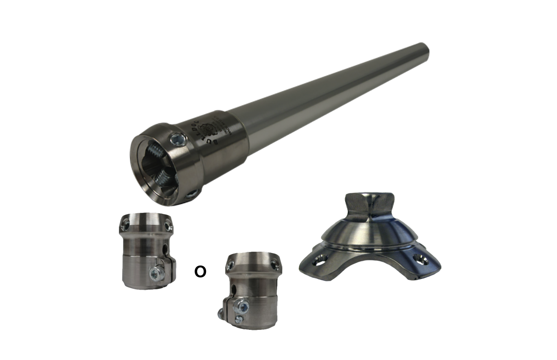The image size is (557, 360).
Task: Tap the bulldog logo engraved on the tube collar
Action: coord(212,128)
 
